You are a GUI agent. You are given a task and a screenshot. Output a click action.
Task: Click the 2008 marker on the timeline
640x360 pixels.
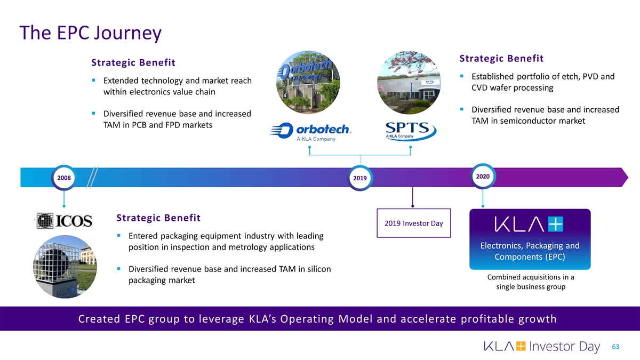click(63, 177)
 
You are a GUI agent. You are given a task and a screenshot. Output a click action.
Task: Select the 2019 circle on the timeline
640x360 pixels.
click(360, 178)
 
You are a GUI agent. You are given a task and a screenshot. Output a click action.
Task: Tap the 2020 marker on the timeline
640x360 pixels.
click(482, 176)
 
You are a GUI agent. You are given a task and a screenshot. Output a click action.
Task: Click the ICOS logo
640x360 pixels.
click(64, 220)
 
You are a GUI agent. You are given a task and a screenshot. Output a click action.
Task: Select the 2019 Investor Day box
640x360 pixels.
click(413, 223)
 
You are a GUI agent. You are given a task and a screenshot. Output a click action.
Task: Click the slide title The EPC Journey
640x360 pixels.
click(90, 33)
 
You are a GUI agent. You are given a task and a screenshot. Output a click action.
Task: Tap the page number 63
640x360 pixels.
click(616, 347)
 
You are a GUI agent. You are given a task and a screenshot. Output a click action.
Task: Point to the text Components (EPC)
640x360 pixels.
click(530, 257)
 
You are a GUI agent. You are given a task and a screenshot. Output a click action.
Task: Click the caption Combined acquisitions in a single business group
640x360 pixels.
click(530, 282)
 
